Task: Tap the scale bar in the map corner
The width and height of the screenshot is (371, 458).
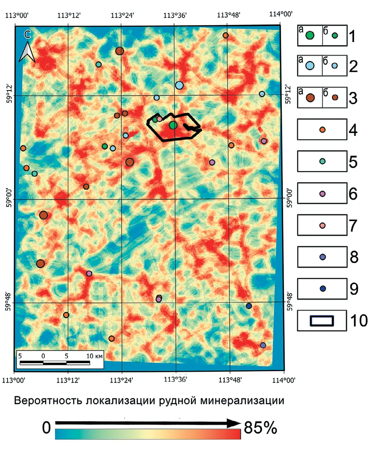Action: pos(55,362)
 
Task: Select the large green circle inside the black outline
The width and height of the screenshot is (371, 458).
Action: pos(173,125)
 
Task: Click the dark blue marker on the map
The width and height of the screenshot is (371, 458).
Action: pos(249,306)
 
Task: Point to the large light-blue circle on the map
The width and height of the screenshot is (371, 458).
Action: pos(179,85)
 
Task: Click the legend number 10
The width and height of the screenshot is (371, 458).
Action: pos(359,320)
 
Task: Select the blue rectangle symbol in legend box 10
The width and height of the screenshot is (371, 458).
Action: pos(322,320)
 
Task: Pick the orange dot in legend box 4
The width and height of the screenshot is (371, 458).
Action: pos(322,130)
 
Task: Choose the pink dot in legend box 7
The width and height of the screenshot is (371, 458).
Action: pos(322,225)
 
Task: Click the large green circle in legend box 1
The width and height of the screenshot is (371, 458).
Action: pos(310,35)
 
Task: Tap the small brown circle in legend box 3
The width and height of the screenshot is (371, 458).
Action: pos(335,97)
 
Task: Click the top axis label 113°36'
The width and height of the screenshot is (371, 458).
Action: pos(175,15)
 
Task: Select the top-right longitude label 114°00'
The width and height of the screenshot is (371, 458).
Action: pos(280,14)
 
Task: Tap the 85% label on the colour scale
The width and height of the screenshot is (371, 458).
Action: pos(260,428)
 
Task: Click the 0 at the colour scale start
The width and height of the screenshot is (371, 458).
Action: pos(46,428)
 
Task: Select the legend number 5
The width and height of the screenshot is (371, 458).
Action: pos(353,162)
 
